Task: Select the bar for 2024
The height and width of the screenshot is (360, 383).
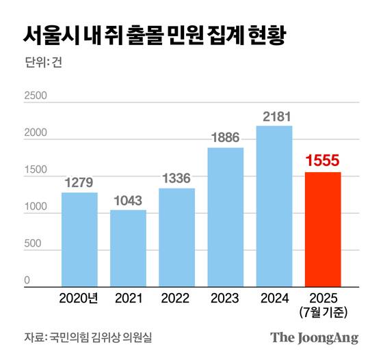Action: tap(274, 205)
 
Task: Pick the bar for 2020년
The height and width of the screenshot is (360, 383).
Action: tap(79, 238)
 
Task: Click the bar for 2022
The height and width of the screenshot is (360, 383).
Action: tap(176, 236)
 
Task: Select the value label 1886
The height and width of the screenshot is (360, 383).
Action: tap(225, 137)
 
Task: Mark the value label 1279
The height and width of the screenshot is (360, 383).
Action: tap(79, 182)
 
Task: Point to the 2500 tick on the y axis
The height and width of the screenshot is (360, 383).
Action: tap(36, 96)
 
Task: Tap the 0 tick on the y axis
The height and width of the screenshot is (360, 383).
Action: tap(27, 280)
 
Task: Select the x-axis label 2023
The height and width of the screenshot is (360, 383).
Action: tap(225, 298)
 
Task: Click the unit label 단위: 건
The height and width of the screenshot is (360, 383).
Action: tap(42, 66)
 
